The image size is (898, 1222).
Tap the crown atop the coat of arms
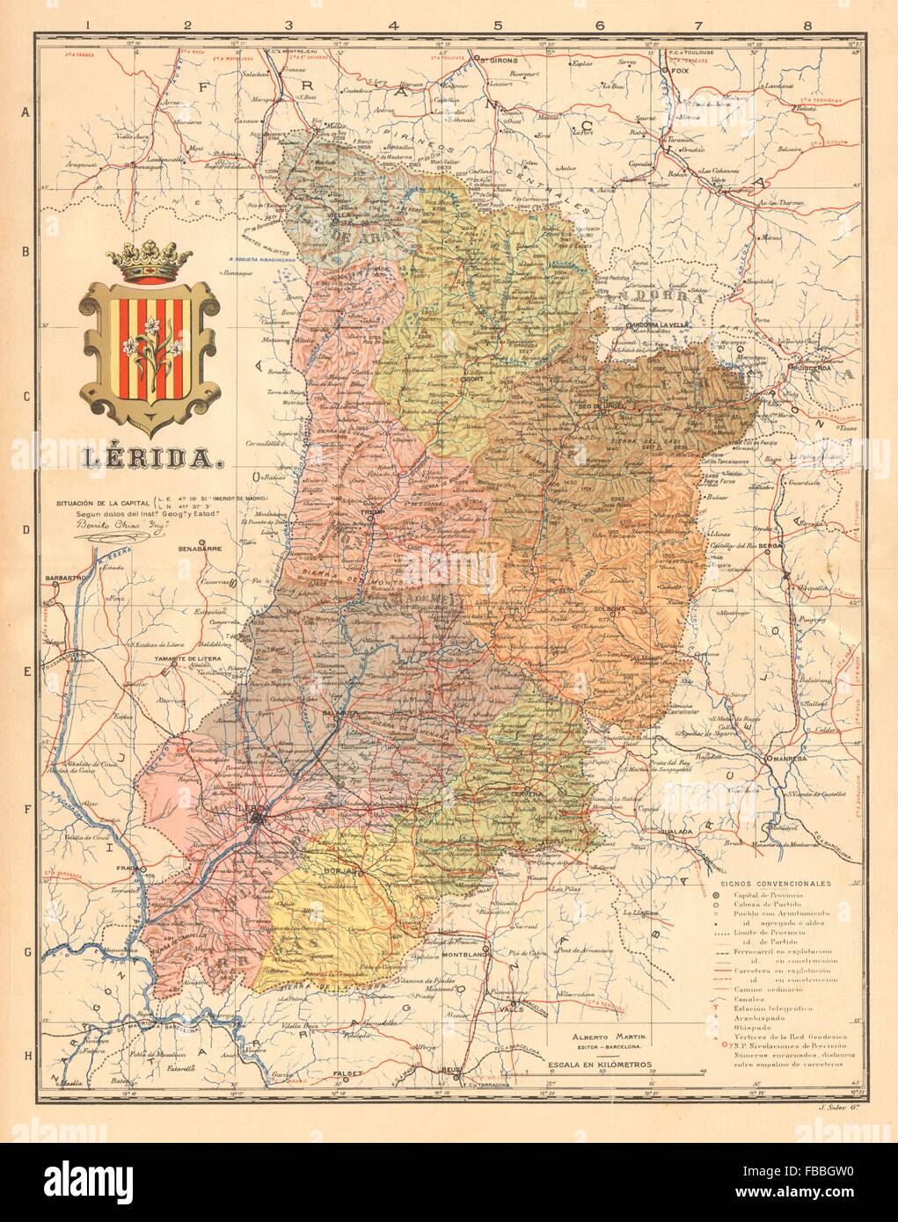click(149, 265)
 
